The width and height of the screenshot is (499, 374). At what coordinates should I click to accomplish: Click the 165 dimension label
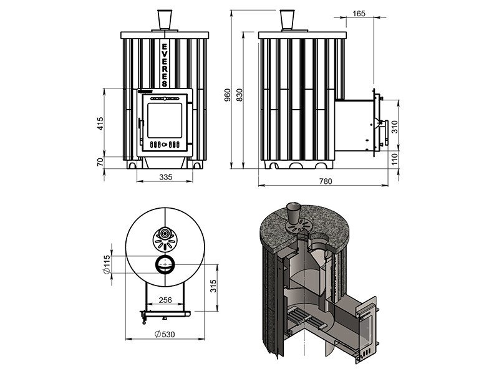click(x=359, y=14)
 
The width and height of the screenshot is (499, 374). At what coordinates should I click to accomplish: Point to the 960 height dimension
click(x=227, y=95)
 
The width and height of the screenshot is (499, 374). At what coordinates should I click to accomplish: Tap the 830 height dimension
click(x=240, y=95)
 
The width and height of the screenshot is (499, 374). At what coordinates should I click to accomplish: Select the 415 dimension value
click(x=100, y=123)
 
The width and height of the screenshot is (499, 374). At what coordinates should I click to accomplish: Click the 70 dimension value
click(x=100, y=162)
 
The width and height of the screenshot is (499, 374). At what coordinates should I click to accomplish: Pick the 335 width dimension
click(x=166, y=177)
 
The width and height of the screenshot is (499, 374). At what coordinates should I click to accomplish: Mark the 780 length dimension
click(x=326, y=181)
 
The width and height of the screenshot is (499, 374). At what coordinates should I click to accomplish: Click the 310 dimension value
click(x=395, y=127)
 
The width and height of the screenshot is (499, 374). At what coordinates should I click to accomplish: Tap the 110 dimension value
click(x=395, y=159)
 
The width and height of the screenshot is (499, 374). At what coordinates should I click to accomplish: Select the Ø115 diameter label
click(x=106, y=264)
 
